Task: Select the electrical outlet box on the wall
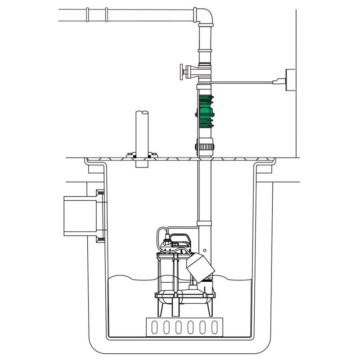pyautogui.click(x=290, y=80)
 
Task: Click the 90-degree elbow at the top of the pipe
pyautogui.click(x=205, y=16)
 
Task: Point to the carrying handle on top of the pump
pyautogui.click(x=182, y=235)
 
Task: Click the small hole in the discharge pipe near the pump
pyautogui.click(x=204, y=249)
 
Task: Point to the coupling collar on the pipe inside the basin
pyautogui.click(x=205, y=222)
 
